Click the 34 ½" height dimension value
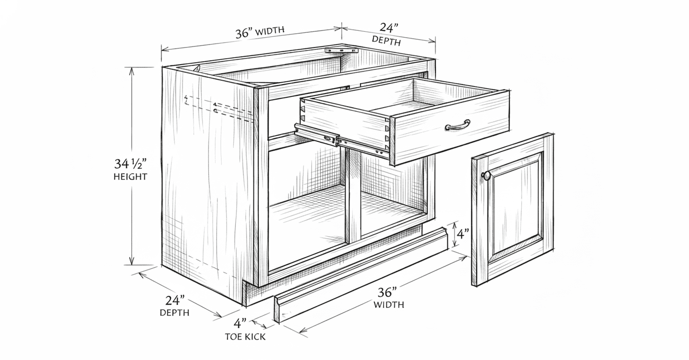click(130, 163)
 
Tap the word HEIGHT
click(130, 177)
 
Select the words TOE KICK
click(245, 337)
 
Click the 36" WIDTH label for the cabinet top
click(260, 33)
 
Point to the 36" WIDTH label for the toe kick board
click(389, 298)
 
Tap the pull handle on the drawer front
click(458, 125)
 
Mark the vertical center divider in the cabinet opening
click(353, 196)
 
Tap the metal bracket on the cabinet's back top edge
click(342, 50)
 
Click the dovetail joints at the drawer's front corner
click(389, 137)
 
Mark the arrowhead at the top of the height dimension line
click(132, 70)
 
